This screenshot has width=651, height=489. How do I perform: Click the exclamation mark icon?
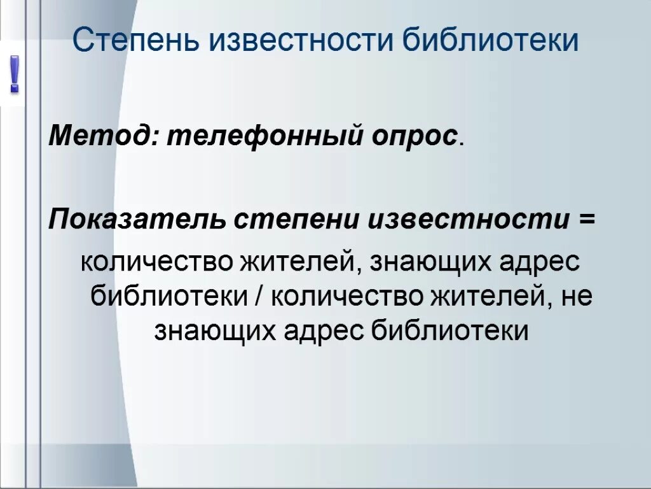(13, 76)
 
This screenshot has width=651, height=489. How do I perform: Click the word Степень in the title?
(136, 41)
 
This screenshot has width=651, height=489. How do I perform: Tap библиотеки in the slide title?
(491, 41)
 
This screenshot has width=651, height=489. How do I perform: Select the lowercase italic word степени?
(297, 221)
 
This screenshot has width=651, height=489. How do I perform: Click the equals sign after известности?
(587, 220)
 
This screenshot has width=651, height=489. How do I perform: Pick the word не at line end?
(577, 297)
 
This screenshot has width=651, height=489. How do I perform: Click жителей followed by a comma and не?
(491, 296)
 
